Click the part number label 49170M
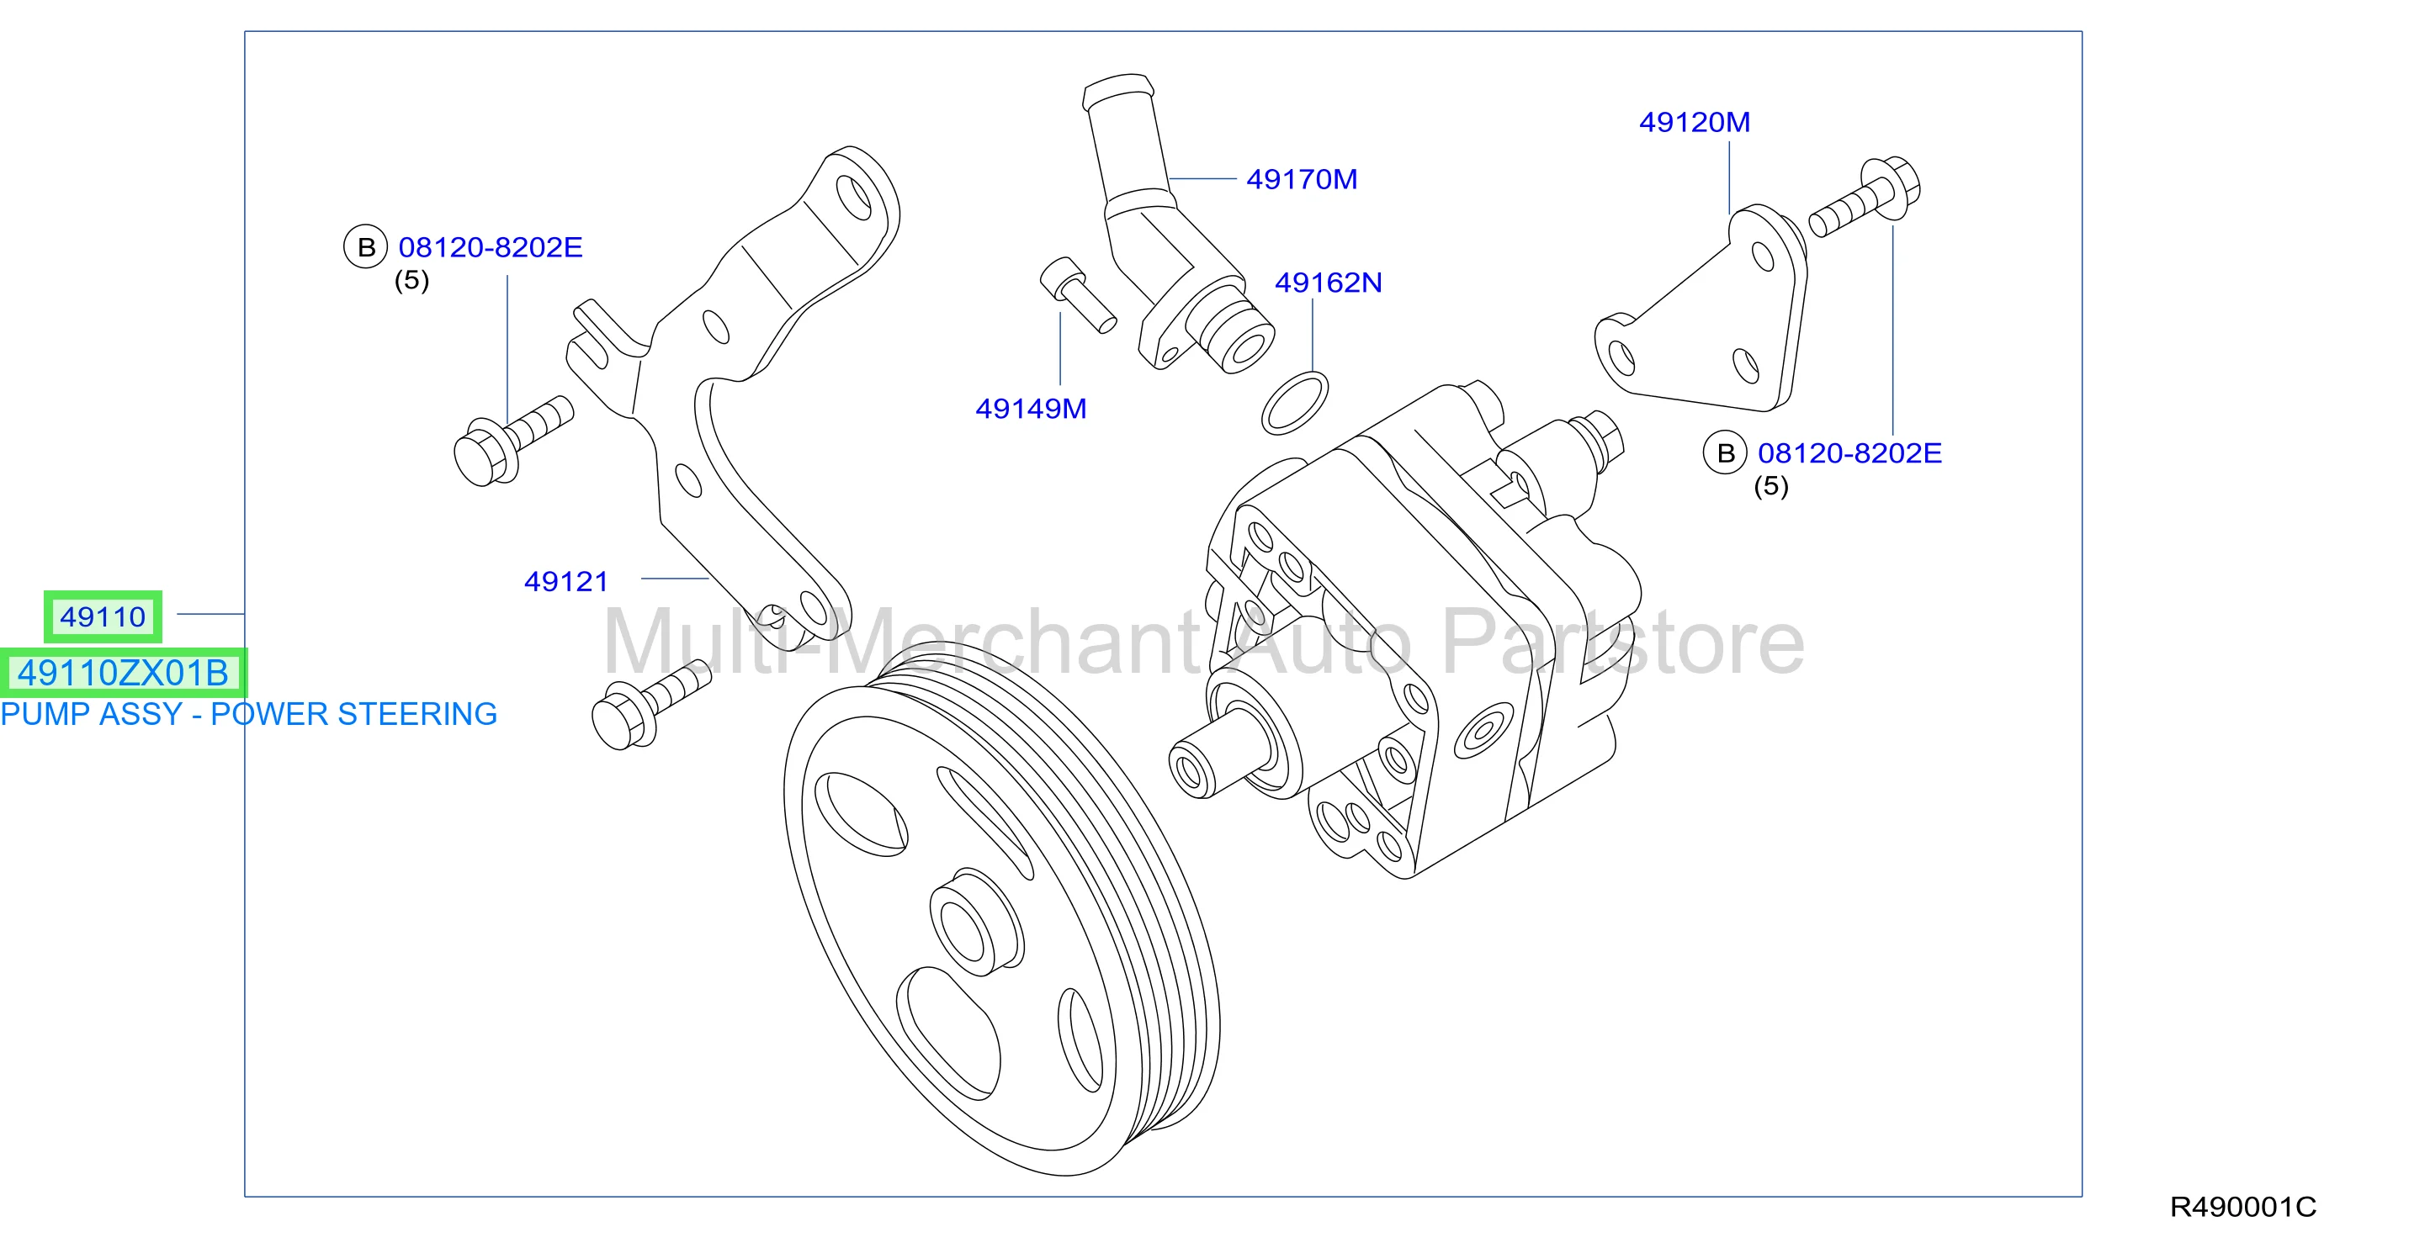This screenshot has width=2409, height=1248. [1302, 178]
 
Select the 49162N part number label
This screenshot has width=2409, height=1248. [1328, 283]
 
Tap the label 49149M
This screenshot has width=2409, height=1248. [1031, 409]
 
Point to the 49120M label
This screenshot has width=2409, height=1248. [1695, 122]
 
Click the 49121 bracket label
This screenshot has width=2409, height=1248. [565, 581]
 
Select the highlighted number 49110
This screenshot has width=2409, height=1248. [103, 617]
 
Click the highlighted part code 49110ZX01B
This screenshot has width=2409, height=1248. [123, 673]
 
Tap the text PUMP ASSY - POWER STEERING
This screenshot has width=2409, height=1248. [249, 714]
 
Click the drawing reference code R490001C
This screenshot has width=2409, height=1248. [2242, 1207]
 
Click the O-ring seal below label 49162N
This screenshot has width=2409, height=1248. [1294, 403]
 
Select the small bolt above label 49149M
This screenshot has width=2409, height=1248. [1077, 294]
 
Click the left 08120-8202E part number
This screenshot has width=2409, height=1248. [490, 248]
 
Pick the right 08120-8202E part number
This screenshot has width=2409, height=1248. [1849, 453]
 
